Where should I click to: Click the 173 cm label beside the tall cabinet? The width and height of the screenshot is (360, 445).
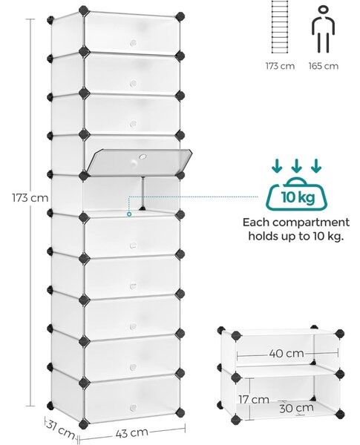pyautogui.click(x=30, y=197)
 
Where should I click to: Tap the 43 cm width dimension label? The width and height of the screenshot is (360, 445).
pyautogui.click(x=132, y=432)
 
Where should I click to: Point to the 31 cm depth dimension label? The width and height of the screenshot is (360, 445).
pyautogui.click(x=61, y=429)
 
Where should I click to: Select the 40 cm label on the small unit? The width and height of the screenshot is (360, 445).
pyautogui.click(x=287, y=353)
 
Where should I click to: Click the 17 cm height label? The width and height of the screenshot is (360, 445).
pyautogui.click(x=254, y=399)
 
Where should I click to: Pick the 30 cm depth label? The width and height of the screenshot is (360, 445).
pyautogui.click(x=296, y=408)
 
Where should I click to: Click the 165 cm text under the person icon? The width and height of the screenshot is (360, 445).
pyautogui.click(x=324, y=66)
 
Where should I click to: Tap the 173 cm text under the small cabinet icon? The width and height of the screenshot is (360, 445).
pyautogui.click(x=280, y=66)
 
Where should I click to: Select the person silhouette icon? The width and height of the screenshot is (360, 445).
pyautogui.click(x=324, y=30)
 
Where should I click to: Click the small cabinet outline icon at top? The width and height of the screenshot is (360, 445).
pyautogui.click(x=280, y=27)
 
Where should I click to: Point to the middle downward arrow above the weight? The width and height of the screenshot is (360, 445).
pyautogui.click(x=296, y=165)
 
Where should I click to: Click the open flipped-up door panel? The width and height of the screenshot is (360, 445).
pyautogui.click(x=140, y=161)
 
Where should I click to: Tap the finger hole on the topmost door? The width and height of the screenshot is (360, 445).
pyautogui.click(x=133, y=43)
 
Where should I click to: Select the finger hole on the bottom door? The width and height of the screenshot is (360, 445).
pyautogui.click(x=133, y=408)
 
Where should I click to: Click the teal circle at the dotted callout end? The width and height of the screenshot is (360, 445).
pyautogui.click(x=129, y=214)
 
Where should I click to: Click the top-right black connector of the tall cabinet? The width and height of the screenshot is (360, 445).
pyautogui.click(x=180, y=16)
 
